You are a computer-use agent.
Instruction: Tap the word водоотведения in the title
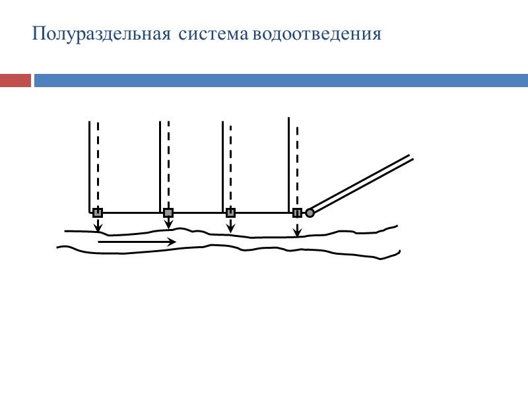tap(316, 34)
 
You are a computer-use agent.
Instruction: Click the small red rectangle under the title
tap(15, 81)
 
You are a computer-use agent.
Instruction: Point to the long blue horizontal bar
tap(280, 81)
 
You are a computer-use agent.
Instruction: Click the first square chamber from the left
tap(98, 213)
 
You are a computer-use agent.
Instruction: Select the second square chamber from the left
tap(168, 213)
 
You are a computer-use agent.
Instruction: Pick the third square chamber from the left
tap(230, 213)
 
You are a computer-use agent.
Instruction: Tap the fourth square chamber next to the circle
tap(297, 213)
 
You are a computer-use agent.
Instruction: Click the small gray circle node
tap(310, 213)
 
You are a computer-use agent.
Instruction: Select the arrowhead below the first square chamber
tap(98, 228)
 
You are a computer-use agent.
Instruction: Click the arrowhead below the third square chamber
tap(230, 230)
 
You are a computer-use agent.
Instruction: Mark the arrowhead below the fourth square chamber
tap(297, 232)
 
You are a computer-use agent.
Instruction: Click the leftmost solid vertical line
tap(89, 165)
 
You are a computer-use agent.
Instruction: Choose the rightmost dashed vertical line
tap(297, 165)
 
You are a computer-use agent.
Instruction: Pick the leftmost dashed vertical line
tap(98, 165)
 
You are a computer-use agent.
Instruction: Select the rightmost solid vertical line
tap(289, 165)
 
